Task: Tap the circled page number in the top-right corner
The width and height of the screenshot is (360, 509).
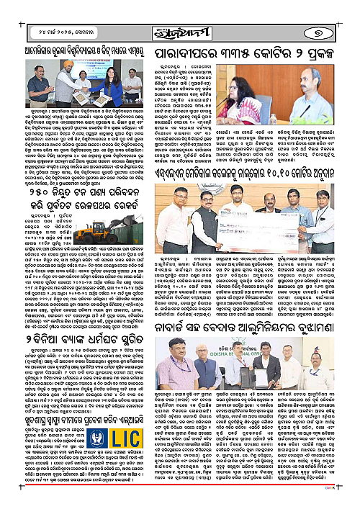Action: [x=342, y=16]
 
